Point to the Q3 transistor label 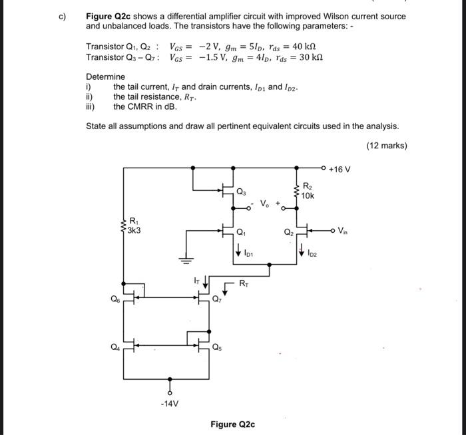[240, 192]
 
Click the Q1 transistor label [240, 233]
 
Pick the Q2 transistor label [288, 233]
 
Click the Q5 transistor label [218, 347]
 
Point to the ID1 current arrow [238, 251]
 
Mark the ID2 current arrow [303, 251]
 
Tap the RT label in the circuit [244, 282]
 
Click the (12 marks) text [386, 146]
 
